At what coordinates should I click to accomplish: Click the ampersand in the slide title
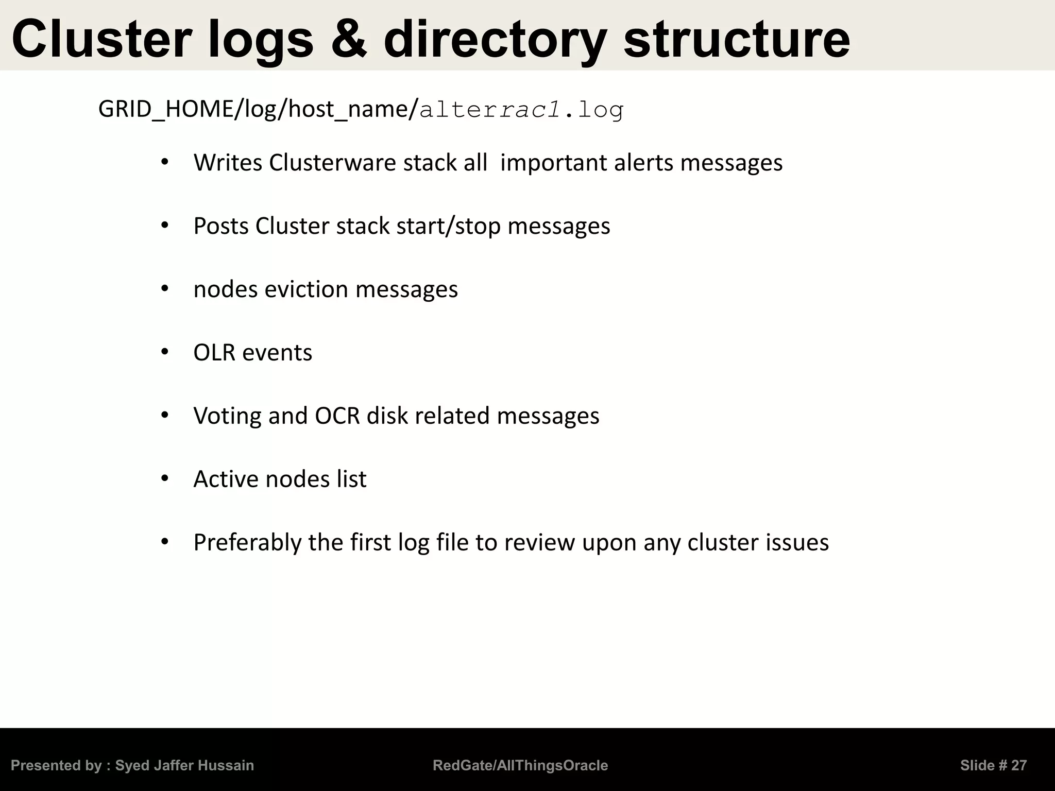(349, 40)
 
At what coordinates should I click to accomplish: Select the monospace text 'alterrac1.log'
(521, 110)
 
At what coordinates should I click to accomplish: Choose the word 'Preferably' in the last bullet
(247, 543)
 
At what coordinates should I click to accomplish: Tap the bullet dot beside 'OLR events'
(165, 352)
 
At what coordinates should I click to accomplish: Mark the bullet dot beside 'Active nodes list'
(165, 479)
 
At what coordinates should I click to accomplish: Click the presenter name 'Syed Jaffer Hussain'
(184, 766)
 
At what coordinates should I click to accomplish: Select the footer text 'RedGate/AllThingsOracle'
(520, 766)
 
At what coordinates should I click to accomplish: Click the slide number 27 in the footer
(1018, 766)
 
